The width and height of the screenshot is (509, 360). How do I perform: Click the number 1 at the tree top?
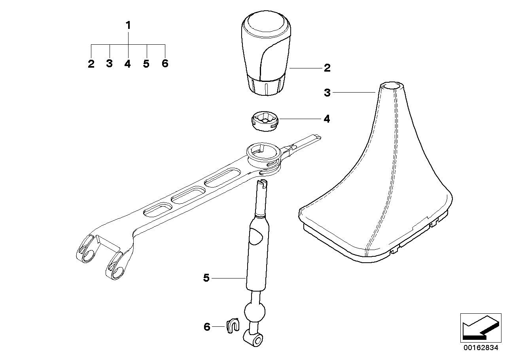tap(128, 26)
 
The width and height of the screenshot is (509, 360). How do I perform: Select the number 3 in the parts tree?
tap(110, 64)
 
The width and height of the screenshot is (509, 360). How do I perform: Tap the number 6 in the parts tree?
tap(165, 63)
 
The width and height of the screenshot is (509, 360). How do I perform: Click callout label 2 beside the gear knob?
tap(327, 68)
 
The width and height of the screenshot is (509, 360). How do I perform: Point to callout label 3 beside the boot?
tap(327, 93)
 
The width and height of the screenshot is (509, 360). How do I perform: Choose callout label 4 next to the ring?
tap(327, 119)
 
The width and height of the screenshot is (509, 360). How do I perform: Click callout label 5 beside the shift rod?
tap(206, 278)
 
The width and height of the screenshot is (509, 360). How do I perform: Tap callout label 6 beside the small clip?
tap(207, 327)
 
